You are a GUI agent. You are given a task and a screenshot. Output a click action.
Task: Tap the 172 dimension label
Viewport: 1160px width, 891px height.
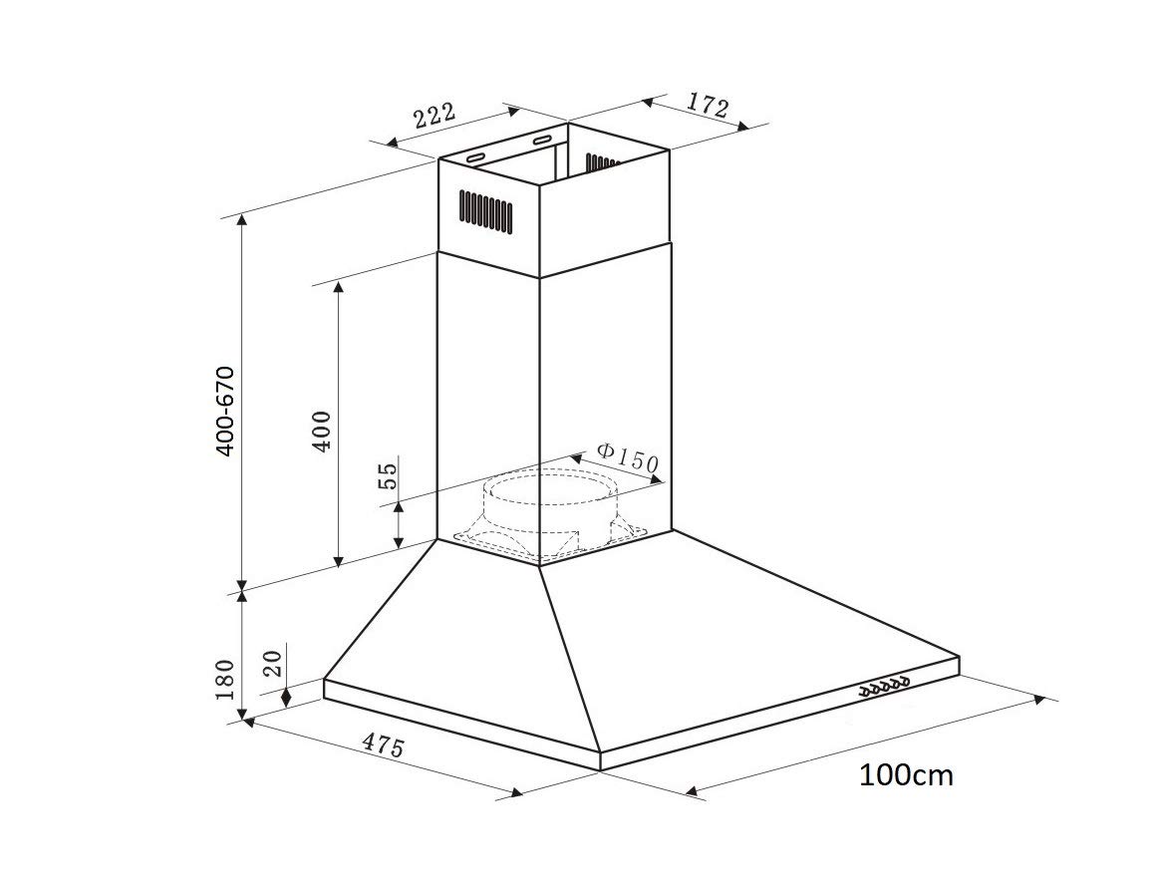[x=707, y=105]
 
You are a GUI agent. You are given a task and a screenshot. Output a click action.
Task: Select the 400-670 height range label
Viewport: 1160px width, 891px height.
[x=224, y=411]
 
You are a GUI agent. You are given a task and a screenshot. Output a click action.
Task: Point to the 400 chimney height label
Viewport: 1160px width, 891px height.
[x=322, y=431]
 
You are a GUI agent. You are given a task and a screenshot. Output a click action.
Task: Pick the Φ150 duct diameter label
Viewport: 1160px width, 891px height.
[x=627, y=458]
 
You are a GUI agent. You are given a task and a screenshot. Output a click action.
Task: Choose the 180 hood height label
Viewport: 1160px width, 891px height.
[x=224, y=680]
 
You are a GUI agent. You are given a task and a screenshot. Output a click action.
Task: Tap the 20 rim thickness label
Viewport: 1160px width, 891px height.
[x=272, y=663]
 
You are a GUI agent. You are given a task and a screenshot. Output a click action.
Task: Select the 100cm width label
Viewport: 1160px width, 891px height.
[x=906, y=775]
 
